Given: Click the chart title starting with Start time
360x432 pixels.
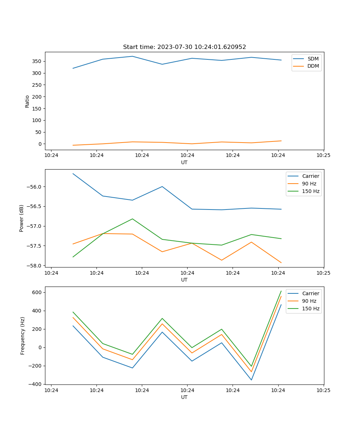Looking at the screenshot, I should (184, 47).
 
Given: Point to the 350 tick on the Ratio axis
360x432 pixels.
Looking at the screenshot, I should (37, 62).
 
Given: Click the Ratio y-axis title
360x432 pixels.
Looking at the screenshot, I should (27, 101).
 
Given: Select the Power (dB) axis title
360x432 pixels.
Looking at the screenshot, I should (22, 218).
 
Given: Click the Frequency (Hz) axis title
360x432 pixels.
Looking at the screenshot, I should (23, 336).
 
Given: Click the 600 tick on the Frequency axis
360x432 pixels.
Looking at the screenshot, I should (37, 292).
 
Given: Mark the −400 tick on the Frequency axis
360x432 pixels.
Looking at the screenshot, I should (36, 384).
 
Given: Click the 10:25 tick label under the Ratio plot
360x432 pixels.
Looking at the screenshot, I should (323, 156).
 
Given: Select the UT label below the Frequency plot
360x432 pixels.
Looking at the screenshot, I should (184, 397).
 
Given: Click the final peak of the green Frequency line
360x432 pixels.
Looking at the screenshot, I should (281, 291).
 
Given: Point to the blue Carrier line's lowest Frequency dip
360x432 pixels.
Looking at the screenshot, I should (251, 380).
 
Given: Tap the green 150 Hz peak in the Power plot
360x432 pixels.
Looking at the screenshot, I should (132, 219).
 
